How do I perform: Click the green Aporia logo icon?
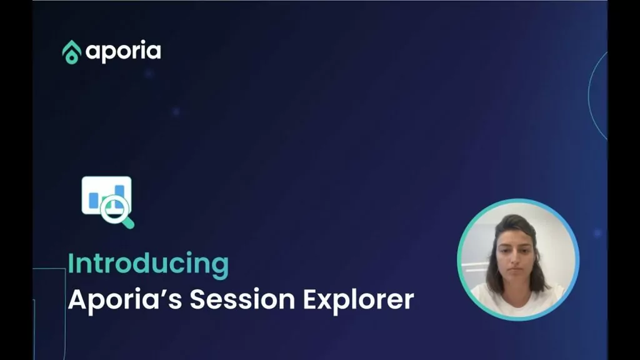point(71,52)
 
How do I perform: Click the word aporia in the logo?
point(123,52)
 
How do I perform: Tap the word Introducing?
point(148,264)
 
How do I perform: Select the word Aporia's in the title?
point(125,299)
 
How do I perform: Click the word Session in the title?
point(242,299)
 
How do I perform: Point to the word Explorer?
point(358,300)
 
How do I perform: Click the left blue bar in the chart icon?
point(94,201)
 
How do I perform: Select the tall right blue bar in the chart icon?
point(119,194)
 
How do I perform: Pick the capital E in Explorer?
point(310,299)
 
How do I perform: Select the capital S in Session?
point(197,299)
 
